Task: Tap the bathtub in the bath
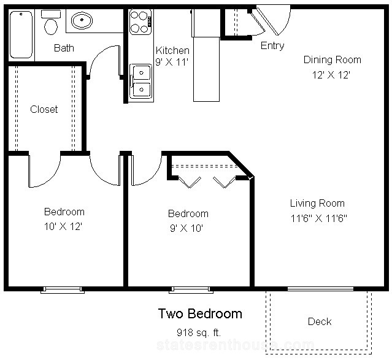coord(21,34)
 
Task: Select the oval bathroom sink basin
coord(82,20)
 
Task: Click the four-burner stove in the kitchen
coord(140,21)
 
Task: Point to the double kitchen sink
coord(141,81)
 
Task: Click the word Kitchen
coord(172,50)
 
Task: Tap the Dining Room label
coord(332,60)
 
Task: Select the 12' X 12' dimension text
coord(331,75)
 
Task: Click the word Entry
coord(272,46)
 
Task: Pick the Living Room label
coord(317,203)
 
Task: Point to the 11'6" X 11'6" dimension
coord(319,218)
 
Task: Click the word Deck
coord(320,321)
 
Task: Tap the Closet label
coord(44,109)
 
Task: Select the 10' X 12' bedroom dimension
coord(63,226)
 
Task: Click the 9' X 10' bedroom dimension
coord(186,228)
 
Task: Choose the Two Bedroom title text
coord(200,313)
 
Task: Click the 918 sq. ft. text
coord(199,332)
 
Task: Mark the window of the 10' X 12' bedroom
coord(63,289)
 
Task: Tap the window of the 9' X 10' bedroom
coord(191,289)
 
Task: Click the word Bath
coord(64,48)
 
